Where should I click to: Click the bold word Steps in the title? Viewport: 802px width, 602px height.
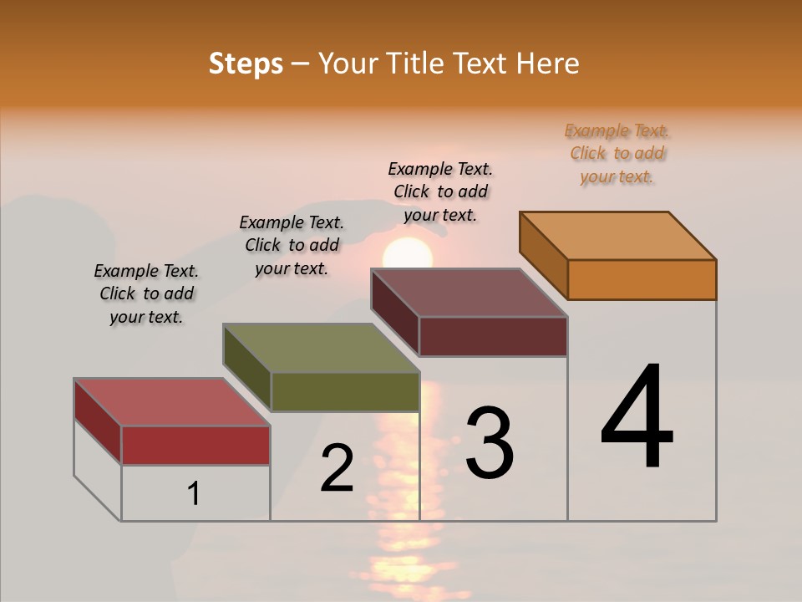[x=246, y=64]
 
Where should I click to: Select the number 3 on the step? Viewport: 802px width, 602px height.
[x=490, y=442]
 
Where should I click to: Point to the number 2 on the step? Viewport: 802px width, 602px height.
[x=338, y=467]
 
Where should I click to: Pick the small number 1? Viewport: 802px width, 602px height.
[x=194, y=493]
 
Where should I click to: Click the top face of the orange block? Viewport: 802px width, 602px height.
[x=618, y=235]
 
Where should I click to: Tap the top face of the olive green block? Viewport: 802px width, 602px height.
[x=322, y=348]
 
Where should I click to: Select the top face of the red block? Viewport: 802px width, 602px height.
[x=172, y=402]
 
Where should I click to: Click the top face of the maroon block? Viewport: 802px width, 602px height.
[x=470, y=293]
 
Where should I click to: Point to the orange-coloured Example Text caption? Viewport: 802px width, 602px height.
[x=617, y=153]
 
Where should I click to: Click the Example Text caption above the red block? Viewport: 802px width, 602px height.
[x=146, y=293]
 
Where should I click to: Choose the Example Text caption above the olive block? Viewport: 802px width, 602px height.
[x=292, y=245]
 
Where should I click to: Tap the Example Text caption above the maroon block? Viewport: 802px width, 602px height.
[x=440, y=191]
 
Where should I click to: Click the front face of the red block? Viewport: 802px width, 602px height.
[x=195, y=445]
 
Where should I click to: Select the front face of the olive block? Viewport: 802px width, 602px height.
[x=345, y=391]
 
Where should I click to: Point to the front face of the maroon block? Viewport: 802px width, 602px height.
[x=493, y=336]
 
